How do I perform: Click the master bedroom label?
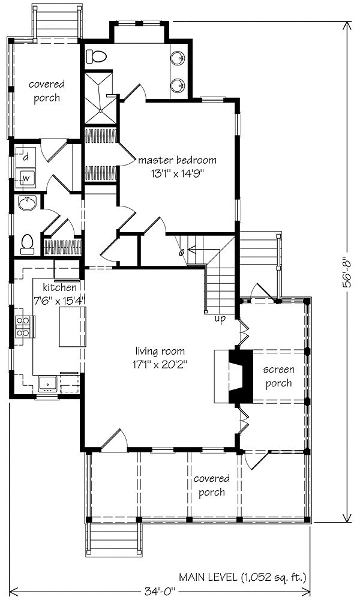point(177,160)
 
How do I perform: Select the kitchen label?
point(59,287)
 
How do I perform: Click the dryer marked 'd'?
point(26,157)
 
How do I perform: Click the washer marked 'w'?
point(26,177)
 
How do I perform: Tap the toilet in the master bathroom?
point(96,56)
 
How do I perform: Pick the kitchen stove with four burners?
point(25,326)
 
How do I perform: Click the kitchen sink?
point(47,383)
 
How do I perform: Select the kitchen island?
point(73,326)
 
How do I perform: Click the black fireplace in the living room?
point(241,376)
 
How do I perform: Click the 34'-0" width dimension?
point(160,591)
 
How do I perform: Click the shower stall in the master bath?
point(100,97)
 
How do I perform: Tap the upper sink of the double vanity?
point(178,58)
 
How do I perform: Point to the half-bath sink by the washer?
point(27,203)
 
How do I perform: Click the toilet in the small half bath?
point(26,244)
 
